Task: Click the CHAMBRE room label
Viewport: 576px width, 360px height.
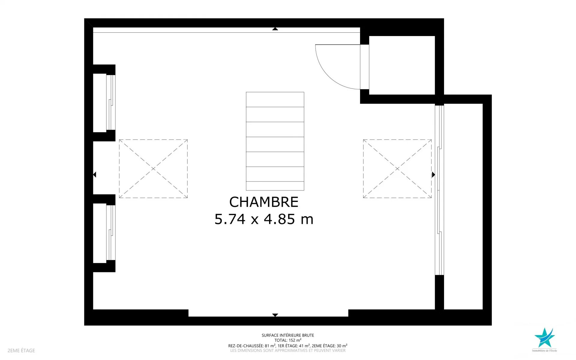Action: pos(264,202)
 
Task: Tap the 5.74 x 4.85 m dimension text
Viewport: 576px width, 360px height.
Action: pos(264,219)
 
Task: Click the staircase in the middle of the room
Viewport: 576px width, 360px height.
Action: pos(275,141)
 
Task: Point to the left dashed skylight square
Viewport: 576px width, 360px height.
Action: pos(153,140)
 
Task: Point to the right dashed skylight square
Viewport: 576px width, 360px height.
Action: pos(397,140)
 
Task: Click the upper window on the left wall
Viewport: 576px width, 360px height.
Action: pos(111,103)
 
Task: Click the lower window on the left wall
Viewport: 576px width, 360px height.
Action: pos(111,232)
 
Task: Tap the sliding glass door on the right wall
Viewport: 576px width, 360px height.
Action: pos(439,190)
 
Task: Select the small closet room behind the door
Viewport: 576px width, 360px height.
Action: pos(402,65)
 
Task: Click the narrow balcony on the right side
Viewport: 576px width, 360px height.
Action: pos(463,206)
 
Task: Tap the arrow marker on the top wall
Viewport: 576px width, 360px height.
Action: pos(275,29)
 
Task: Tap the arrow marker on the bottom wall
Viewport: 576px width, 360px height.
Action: pos(275,315)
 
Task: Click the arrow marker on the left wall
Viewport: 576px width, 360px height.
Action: pos(94,174)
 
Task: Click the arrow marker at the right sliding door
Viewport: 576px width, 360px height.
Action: pos(433,175)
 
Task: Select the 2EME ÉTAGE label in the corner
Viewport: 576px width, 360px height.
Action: pos(21,350)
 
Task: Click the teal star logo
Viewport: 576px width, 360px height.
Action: pos(544,337)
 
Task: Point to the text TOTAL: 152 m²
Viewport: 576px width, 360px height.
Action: pos(288,340)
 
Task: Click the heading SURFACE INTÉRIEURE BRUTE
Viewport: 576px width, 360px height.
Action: pos(288,335)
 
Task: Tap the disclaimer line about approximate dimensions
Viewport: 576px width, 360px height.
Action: pos(288,350)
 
